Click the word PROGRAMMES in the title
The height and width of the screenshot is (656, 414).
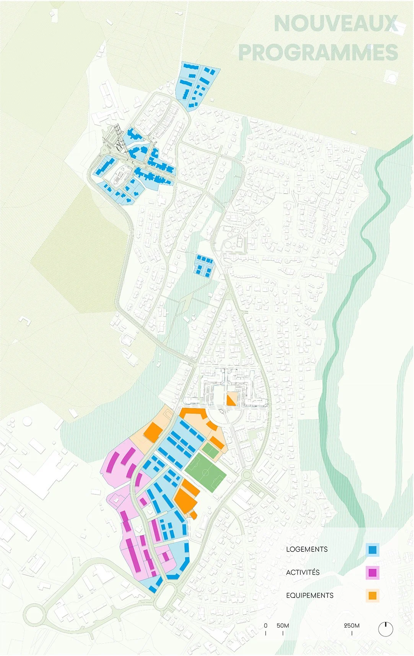pyautogui.click(x=318, y=52)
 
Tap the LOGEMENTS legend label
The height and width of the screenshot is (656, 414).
pyautogui.click(x=307, y=549)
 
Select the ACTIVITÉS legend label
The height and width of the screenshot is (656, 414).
pyautogui.click(x=303, y=572)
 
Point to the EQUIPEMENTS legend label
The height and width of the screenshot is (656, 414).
pyautogui.click(x=310, y=595)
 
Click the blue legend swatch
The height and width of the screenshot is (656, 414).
pyautogui.click(x=372, y=550)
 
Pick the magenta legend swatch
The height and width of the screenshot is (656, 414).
pyautogui.click(x=372, y=573)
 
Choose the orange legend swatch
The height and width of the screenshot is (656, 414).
pyautogui.click(x=372, y=595)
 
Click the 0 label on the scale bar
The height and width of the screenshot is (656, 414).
pyautogui.click(x=266, y=625)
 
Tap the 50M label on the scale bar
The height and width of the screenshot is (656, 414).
pyautogui.click(x=283, y=625)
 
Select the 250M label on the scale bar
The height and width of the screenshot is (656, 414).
pyautogui.click(x=352, y=625)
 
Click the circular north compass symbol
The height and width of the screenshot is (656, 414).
pyautogui.click(x=386, y=629)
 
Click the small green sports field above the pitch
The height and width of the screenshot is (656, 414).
pyautogui.click(x=210, y=450)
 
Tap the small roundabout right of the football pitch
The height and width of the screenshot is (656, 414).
pyautogui.click(x=246, y=476)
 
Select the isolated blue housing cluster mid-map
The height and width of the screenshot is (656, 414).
pyautogui.click(x=204, y=264)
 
